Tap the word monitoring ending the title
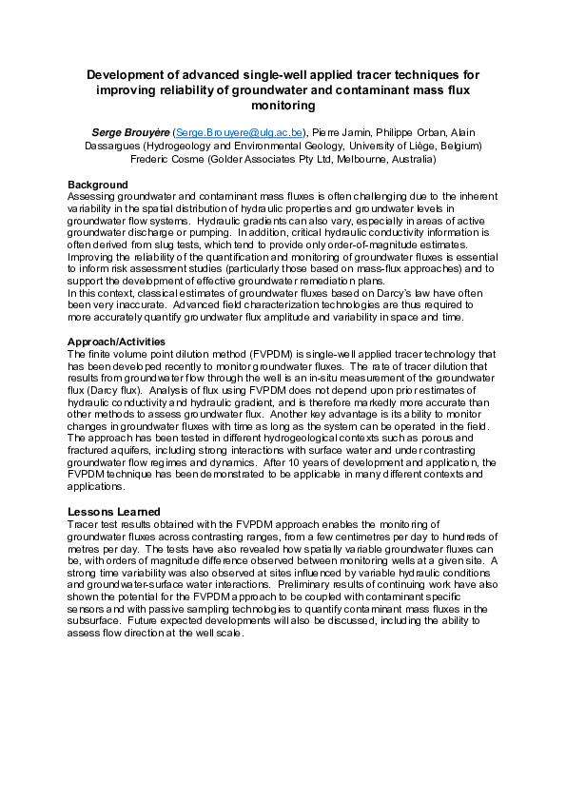coord(283,105)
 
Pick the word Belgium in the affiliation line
coord(457,146)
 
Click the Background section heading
coord(97,185)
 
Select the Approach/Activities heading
coord(117,342)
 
